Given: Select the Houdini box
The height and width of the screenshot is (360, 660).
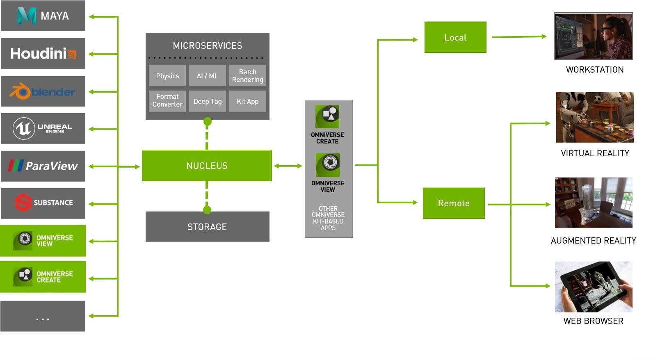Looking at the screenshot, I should (x=43, y=54).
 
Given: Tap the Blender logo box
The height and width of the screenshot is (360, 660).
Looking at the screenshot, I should (x=43, y=91).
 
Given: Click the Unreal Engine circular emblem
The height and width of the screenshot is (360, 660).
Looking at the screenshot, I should (x=23, y=129).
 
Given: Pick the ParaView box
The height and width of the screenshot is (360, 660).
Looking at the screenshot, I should (x=43, y=166).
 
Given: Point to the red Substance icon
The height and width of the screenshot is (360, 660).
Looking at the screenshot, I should (x=23, y=203).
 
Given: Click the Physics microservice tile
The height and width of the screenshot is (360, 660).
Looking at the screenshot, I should (x=167, y=76).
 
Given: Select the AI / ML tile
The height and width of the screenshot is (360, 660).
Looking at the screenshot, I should (x=208, y=76).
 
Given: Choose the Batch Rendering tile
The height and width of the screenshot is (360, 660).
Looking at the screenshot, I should (x=247, y=76).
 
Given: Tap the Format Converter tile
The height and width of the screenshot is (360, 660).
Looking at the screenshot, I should (x=167, y=101).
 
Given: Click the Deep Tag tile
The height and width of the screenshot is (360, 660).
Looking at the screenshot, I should (x=208, y=101).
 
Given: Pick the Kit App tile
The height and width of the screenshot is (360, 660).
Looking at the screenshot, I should (x=247, y=101).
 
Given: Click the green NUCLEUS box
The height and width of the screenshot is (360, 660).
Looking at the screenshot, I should (x=207, y=166).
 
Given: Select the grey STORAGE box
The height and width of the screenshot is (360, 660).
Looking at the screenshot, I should (x=207, y=227).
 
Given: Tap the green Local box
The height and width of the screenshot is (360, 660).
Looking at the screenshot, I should (x=455, y=37).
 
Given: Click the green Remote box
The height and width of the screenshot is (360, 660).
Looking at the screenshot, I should (x=454, y=203).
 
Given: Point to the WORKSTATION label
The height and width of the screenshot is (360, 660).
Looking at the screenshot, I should (x=594, y=70).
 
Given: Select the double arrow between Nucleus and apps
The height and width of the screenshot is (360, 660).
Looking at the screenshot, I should (x=288, y=166).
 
